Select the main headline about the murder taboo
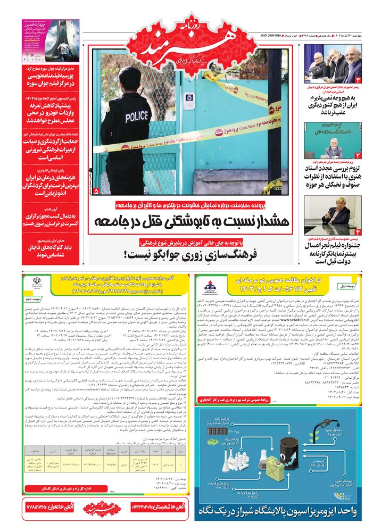(x=193, y=221)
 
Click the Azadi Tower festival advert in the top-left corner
(x=51, y=40)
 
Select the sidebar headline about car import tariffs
(x=52, y=110)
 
